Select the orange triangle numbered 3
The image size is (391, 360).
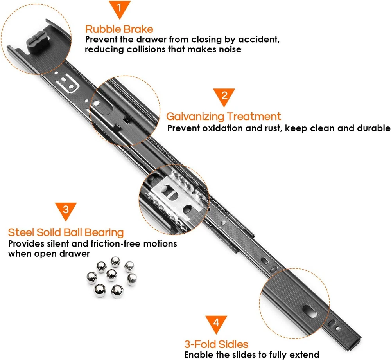point(66,210)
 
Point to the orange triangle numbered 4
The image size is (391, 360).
point(216,323)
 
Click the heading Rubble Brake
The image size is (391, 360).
point(119,29)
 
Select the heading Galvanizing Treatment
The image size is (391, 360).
point(224,117)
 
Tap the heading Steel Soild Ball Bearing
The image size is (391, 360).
point(66,232)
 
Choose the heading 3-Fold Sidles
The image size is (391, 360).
point(216,344)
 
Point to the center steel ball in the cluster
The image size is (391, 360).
point(111,275)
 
